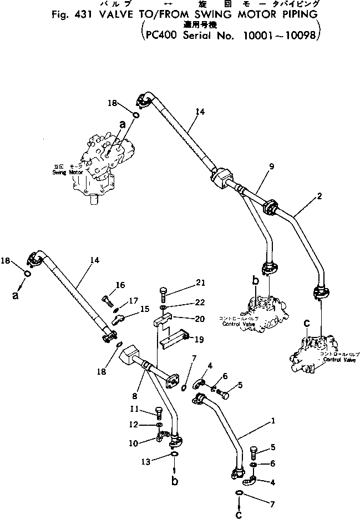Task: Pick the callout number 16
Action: pyautogui.click(x=120, y=285)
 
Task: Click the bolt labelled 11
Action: pyautogui.click(x=159, y=414)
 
